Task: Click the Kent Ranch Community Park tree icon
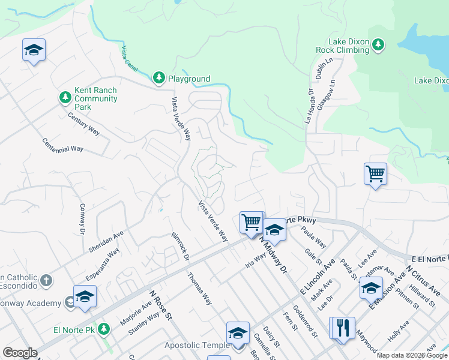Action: (x=65, y=97)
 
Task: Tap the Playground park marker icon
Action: (x=158, y=77)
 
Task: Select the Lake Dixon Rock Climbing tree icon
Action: (x=378, y=44)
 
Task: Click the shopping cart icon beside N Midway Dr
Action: (x=252, y=222)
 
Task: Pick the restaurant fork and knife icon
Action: (x=343, y=328)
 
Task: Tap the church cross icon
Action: (x=46, y=281)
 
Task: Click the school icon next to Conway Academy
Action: (x=85, y=296)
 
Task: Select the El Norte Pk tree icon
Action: (x=104, y=329)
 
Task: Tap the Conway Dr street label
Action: (x=82, y=219)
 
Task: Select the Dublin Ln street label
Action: (x=319, y=69)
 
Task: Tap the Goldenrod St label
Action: (x=306, y=323)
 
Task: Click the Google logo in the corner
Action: (x=20, y=353)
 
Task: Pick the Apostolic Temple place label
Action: (x=197, y=345)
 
